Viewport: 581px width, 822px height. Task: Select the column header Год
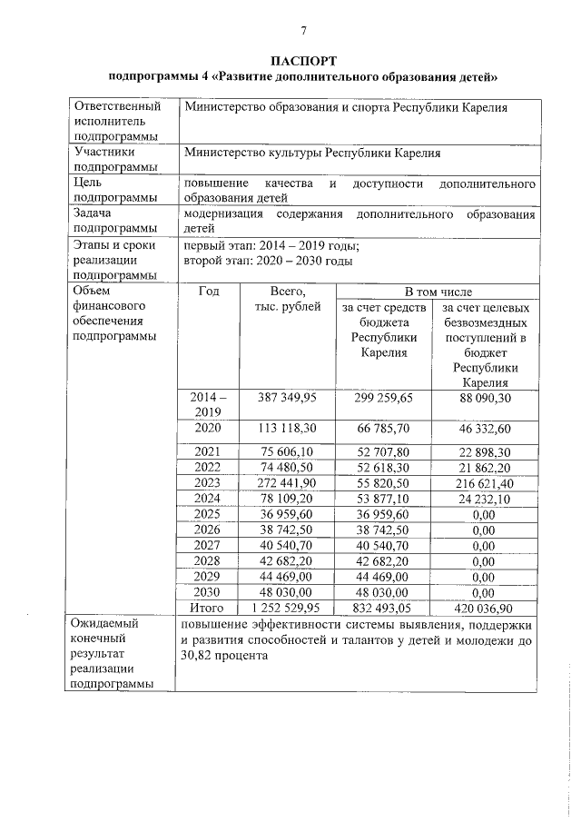tap(208, 292)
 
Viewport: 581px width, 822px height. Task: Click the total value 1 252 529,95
tap(287, 608)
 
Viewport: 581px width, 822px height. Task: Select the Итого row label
tap(208, 608)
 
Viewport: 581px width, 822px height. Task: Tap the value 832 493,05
tap(384, 608)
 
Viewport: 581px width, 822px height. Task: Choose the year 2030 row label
tap(208, 591)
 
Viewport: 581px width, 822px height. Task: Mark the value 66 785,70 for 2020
tap(384, 428)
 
